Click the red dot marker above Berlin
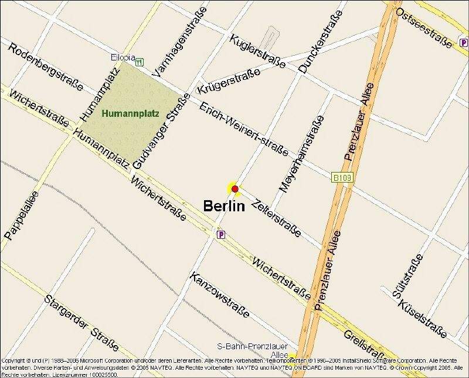click(235, 188)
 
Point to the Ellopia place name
click(123, 58)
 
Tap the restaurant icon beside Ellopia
click(139, 61)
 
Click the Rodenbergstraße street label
click(45, 67)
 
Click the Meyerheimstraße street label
click(301, 154)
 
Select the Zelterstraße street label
click(275, 218)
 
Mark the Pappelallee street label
click(21, 215)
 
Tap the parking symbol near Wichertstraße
click(221, 235)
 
